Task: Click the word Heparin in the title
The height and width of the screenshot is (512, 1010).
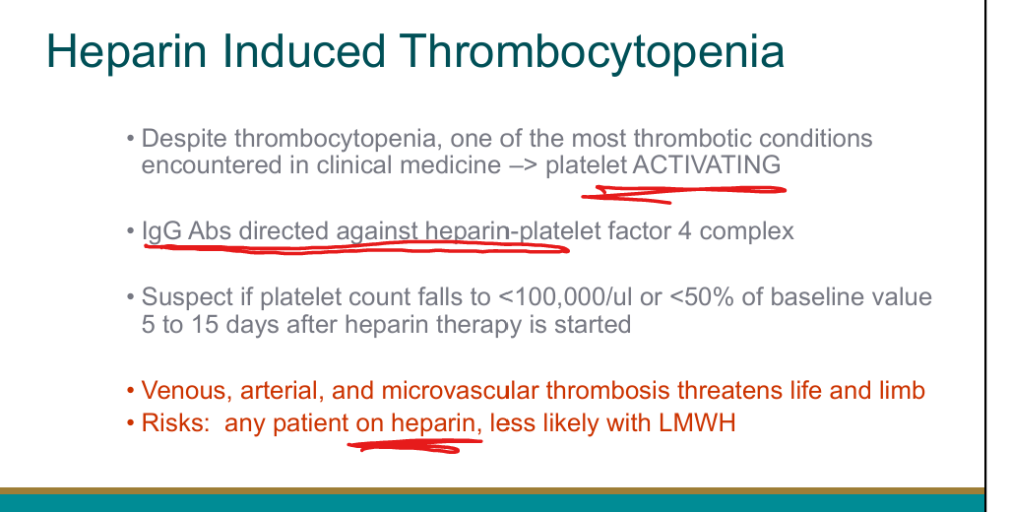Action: pyautogui.click(x=127, y=52)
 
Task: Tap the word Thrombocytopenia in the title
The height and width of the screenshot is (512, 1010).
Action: pyautogui.click(x=591, y=52)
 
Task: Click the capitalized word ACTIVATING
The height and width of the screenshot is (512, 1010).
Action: pyautogui.click(x=707, y=164)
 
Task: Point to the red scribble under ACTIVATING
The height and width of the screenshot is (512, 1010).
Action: pyautogui.click(x=683, y=193)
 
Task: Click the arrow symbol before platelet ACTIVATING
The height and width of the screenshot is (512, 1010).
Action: pyautogui.click(x=524, y=165)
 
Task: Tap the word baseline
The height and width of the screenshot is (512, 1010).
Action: pyautogui.click(x=817, y=296)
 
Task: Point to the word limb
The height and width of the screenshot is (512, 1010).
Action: pyautogui.click(x=903, y=390)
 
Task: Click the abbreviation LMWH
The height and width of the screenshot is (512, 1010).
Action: pyautogui.click(x=697, y=423)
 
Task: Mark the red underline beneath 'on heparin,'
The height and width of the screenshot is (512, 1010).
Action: pyautogui.click(x=414, y=445)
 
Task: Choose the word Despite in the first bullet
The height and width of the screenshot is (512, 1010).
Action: pyautogui.click(x=184, y=139)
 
